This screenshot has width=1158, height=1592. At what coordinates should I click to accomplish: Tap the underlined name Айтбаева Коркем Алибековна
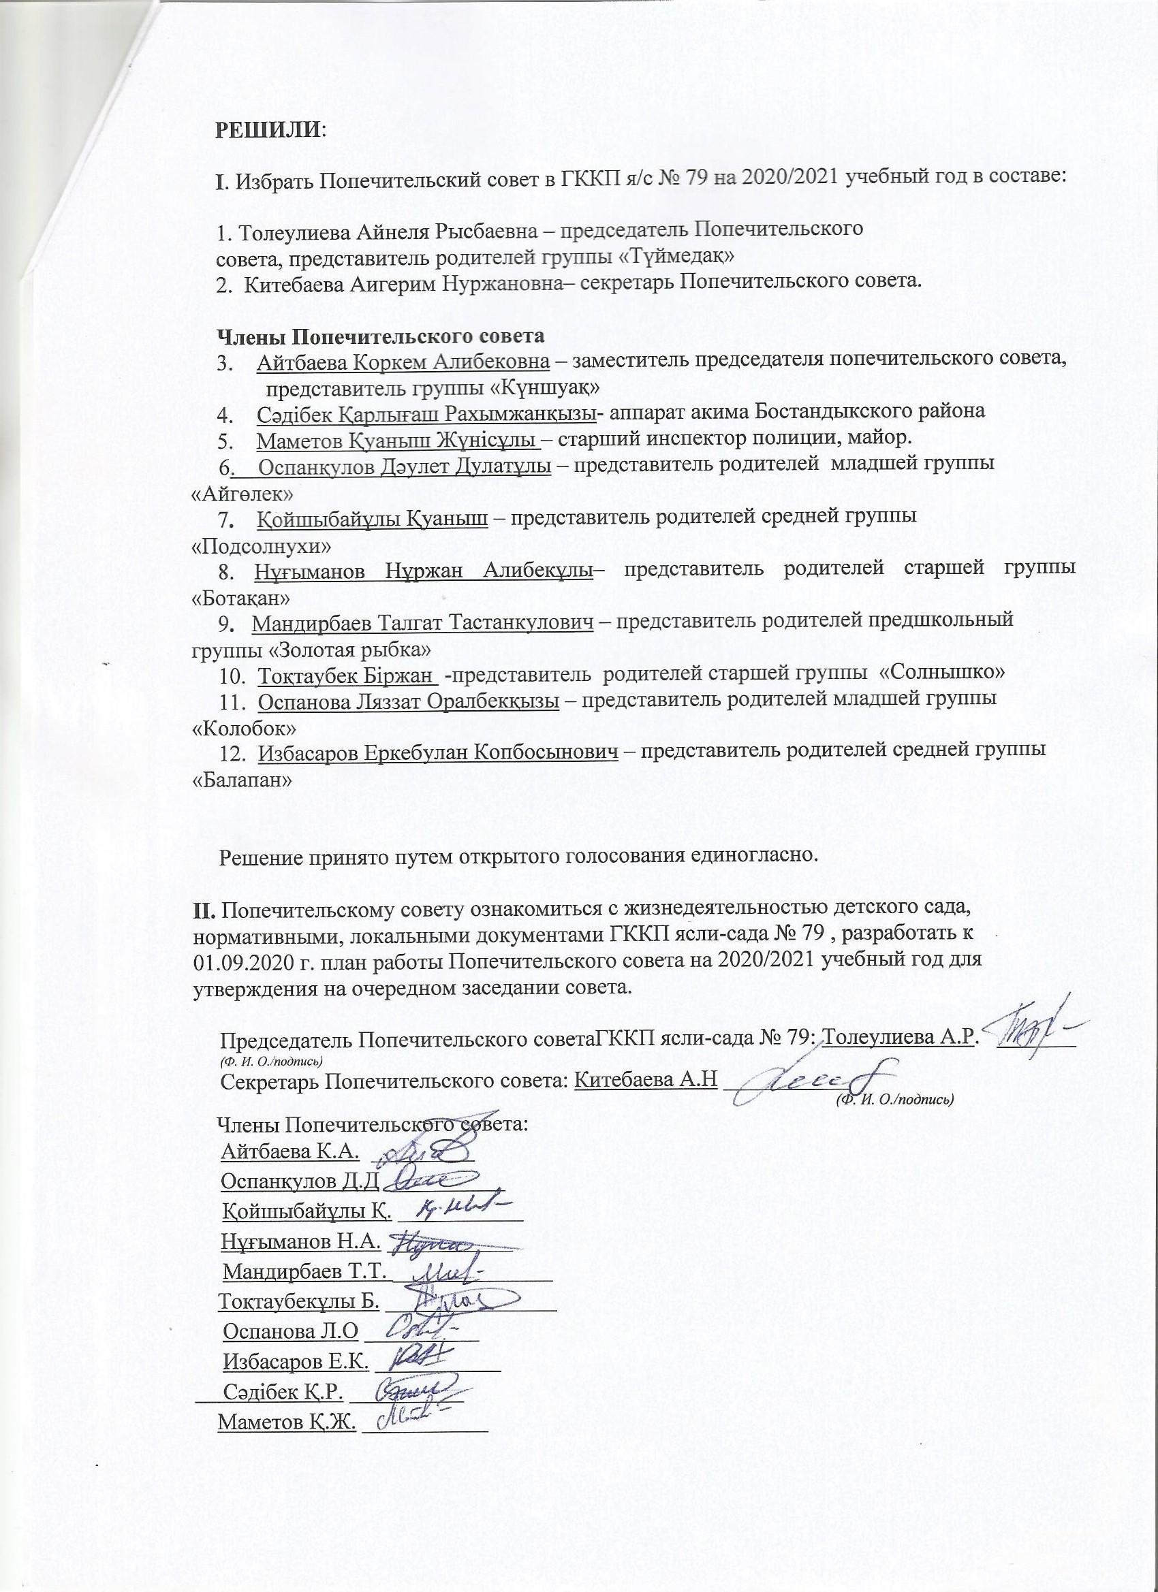pyautogui.click(x=403, y=362)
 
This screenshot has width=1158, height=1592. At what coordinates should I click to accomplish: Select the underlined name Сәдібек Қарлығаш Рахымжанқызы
pyautogui.click(x=426, y=413)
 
